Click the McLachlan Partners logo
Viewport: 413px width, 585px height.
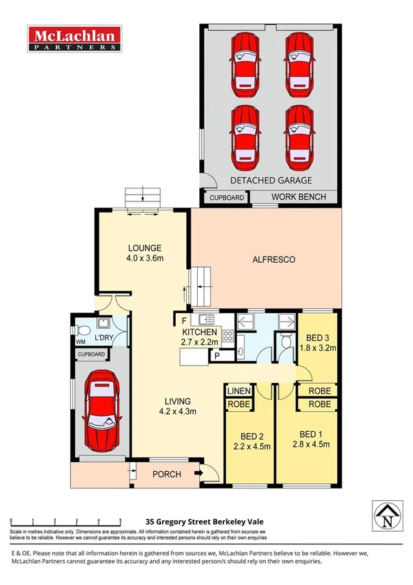click(x=74, y=40)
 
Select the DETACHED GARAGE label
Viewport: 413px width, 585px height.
click(x=271, y=181)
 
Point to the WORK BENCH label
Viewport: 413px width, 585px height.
click(x=296, y=197)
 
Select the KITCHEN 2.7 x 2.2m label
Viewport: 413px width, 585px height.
click(x=199, y=337)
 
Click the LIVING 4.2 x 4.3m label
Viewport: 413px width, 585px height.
click(x=177, y=406)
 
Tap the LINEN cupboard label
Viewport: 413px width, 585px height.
click(x=239, y=391)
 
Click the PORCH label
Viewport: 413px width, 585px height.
click(x=167, y=474)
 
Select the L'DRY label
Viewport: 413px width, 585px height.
click(x=104, y=337)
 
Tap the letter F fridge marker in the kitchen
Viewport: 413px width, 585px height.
click(x=184, y=321)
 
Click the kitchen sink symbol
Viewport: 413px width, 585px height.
click(x=205, y=319)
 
